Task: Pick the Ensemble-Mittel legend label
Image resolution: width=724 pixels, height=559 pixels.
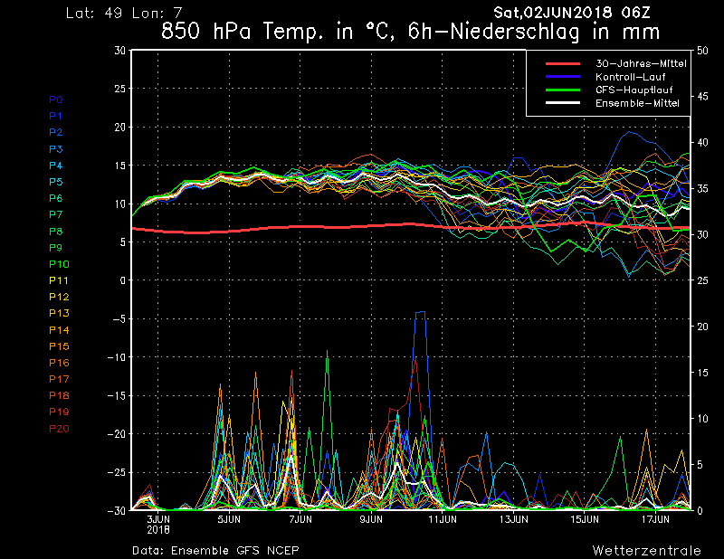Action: coord(637,104)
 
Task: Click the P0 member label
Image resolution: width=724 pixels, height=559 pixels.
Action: coord(55,99)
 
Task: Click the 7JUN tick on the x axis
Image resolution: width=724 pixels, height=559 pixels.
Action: coord(300,520)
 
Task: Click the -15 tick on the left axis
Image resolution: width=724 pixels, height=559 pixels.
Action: coord(117,396)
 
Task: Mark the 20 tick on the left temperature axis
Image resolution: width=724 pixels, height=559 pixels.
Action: coord(119,128)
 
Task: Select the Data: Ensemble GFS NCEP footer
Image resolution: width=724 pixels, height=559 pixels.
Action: coord(215,550)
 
